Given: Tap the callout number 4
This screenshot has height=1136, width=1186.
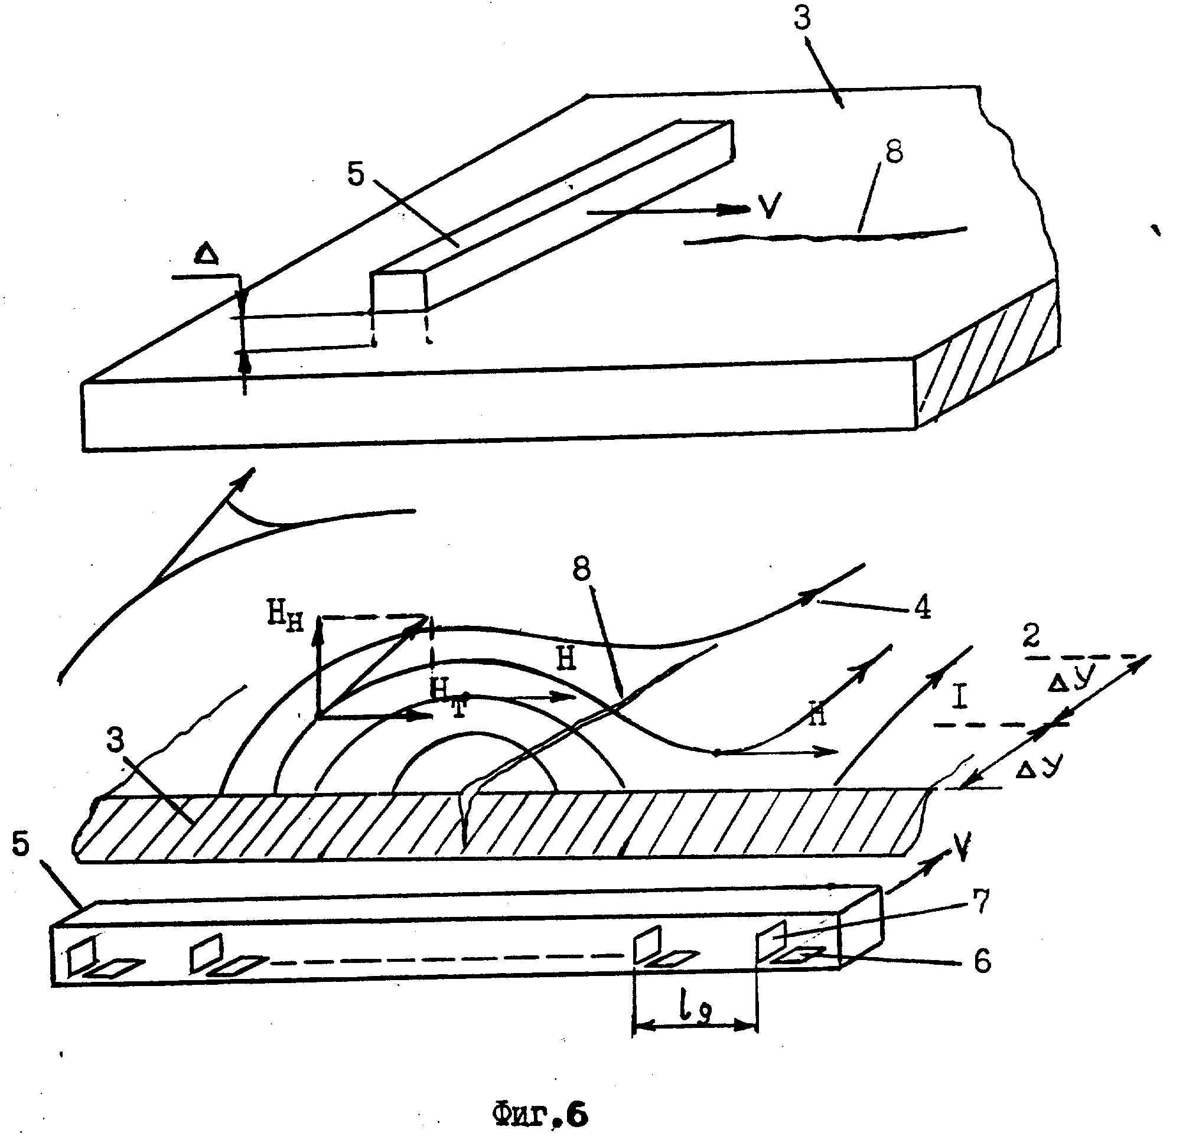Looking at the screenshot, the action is (x=921, y=608).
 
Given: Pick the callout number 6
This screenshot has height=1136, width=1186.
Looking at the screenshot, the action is (x=982, y=960).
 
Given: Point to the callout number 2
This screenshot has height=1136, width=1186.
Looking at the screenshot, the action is (x=1031, y=636).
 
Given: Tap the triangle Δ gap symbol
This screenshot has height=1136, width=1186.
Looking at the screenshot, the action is (x=206, y=255).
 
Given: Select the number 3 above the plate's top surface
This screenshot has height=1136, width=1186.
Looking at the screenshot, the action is (x=802, y=18).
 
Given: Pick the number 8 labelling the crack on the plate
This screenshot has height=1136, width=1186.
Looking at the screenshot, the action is (x=894, y=152).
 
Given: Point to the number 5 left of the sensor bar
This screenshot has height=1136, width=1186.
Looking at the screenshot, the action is (x=21, y=844).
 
